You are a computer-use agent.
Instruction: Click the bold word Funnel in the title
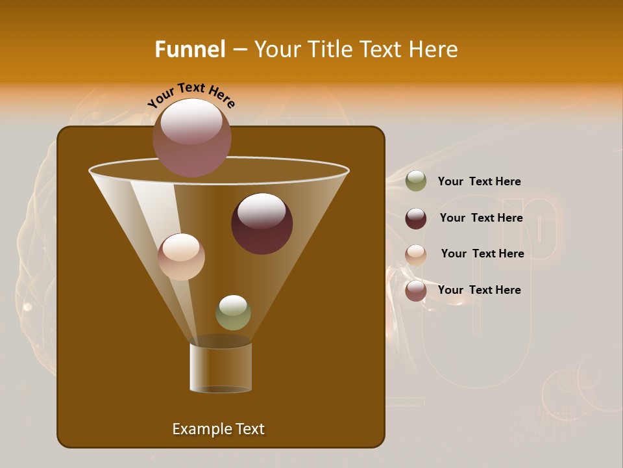pyautogui.click(x=189, y=49)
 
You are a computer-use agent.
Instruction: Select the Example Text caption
pyautogui.click(x=218, y=429)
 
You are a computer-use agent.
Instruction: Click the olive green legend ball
pyautogui.click(x=416, y=181)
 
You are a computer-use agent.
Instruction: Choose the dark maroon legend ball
pyautogui.click(x=416, y=218)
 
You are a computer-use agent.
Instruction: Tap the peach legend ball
pyautogui.click(x=416, y=254)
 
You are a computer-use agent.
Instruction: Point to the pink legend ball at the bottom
pyautogui.click(x=416, y=291)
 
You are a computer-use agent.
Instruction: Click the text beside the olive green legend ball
pyautogui.click(x=479, y=181)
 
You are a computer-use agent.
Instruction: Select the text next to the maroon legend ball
pyautogui.click(x=481, y=218)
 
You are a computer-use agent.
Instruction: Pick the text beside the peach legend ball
pyautogui.click(x=482, y=253)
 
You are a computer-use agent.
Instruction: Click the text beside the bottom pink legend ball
pyautogui.click(x=479, y=290)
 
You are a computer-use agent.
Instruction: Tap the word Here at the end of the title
pyautogui.click(x=434, y=49)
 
